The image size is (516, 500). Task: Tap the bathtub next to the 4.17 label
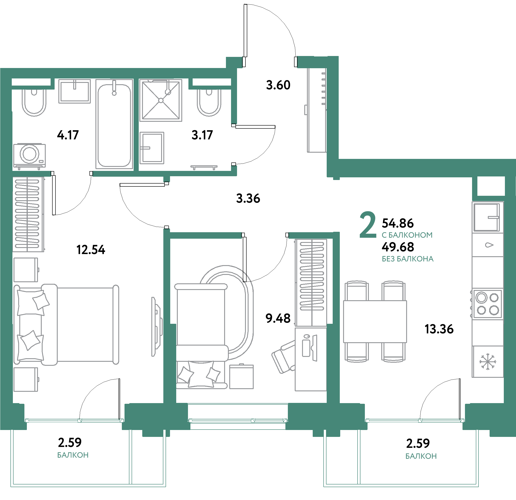coord(114,125)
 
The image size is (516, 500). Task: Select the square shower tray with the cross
coord(161,100)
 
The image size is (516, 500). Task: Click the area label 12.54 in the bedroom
coord(91,250)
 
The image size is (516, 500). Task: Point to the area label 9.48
coord(278,318)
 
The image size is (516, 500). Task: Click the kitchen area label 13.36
coord(439,329)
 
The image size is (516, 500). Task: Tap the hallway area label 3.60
coord(278,85)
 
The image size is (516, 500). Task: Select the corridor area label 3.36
coord(248,198)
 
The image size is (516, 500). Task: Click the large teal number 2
coord(368,225)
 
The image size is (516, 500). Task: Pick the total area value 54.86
coord(397,223)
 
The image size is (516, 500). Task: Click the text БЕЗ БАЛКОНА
coord(407,259)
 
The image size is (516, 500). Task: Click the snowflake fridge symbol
coord(488,362)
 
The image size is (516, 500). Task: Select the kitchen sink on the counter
coord(487,218)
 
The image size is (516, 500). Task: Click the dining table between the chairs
coord(375,321)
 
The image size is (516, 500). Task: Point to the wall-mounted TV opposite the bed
coord(157,327)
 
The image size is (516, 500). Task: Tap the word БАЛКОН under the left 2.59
coord(73,455)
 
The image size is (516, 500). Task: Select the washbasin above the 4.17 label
coord(74,91)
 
